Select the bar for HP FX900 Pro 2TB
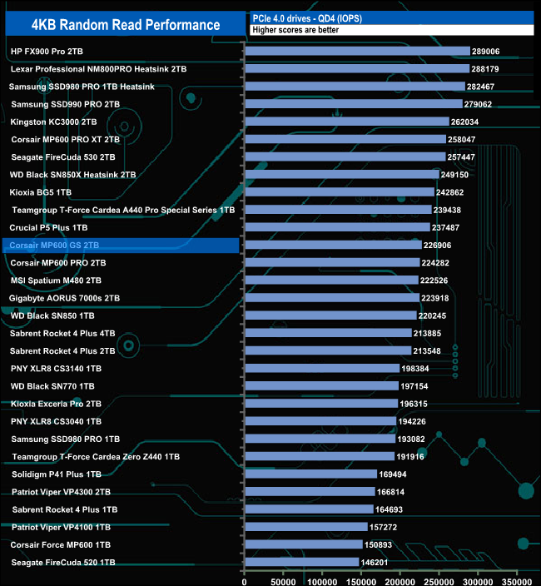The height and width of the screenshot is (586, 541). click(358, 51)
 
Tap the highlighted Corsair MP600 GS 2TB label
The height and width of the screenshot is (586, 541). click(55, 246)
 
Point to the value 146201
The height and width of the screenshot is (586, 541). click(375, 563)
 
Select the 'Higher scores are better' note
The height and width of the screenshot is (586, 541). click(291, 30)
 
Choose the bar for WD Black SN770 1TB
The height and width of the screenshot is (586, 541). click(321, 386)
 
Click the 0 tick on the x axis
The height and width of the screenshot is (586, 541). click(246, 574)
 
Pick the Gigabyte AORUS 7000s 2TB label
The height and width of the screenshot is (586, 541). click(65, 298)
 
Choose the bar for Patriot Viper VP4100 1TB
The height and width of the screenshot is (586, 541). click(306, 527)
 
